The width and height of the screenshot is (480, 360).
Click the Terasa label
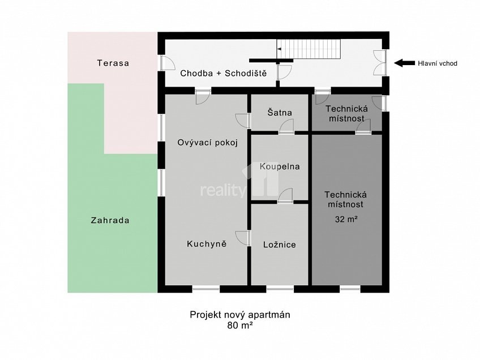pos(113,63)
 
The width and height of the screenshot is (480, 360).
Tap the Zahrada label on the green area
pos(110,220)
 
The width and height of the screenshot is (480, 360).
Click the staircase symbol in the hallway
pos(309,49)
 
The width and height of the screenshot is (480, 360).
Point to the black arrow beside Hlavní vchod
pos(404,63)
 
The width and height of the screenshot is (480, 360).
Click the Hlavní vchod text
pos(437,63)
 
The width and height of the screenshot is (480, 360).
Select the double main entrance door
pos(380,63)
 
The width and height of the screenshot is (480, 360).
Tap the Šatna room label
pos(280,112)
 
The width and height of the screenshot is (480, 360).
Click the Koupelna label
pos(280,166)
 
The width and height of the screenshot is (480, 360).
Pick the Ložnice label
pos(280,245)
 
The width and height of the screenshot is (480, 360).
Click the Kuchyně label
pos(207,244)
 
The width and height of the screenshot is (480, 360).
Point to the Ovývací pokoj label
pos(207,143)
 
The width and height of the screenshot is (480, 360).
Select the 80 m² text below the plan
pos(240,325)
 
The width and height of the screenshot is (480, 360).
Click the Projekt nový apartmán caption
pos(240,315)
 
